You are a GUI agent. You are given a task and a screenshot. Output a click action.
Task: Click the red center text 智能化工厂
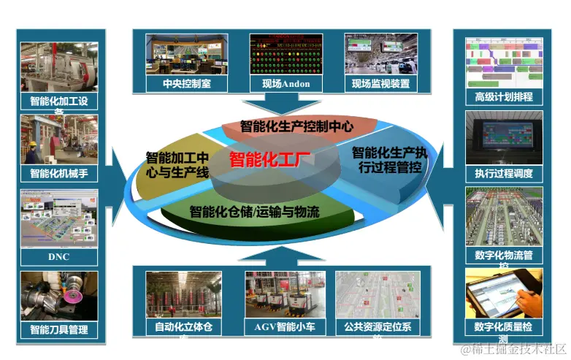tap(265, 158)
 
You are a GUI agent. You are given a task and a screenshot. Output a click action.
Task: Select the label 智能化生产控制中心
tap(296, 126)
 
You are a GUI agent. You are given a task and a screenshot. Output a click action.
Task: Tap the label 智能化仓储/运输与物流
tap(255, 212)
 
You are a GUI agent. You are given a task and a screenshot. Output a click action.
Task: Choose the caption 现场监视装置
tap(380, 83)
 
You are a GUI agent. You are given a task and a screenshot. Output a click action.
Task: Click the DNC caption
tap(58, 257)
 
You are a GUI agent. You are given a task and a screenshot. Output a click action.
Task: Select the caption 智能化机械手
tap(58, 173)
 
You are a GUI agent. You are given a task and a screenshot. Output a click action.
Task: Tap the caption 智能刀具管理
tap(58, 329)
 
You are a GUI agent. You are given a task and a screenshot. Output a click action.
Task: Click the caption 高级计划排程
tap(504, 96)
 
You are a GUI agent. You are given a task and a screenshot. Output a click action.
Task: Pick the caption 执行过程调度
tap(504, 173)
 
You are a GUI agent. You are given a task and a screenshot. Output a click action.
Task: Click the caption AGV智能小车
tap(280, 326)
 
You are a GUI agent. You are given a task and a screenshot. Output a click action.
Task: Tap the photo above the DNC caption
tap(58, 218)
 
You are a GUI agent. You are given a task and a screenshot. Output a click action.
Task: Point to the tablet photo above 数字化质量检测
tap(504, 291)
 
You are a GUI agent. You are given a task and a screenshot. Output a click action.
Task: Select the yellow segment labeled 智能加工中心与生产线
tap(177, 165)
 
